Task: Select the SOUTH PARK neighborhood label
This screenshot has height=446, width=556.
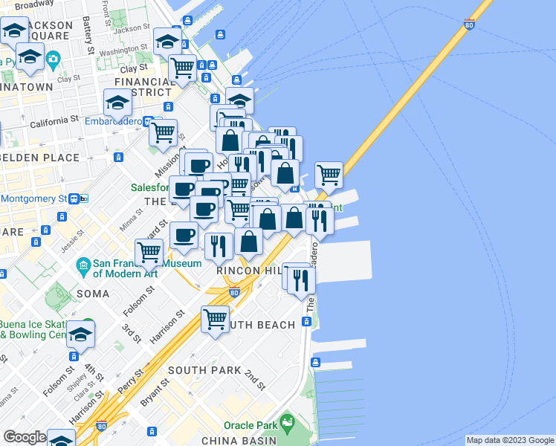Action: [x=204, y=370]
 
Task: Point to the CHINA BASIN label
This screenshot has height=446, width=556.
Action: [x=239, y=441]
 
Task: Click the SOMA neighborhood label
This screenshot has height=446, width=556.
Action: [x=93, y=294]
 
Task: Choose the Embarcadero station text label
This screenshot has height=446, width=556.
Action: [x=113, y=121]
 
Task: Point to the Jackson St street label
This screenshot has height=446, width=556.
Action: [x=132, y=28]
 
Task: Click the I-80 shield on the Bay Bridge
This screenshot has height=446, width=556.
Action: [x=468, y=25]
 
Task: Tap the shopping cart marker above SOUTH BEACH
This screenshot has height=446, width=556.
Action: [x=215, y=320]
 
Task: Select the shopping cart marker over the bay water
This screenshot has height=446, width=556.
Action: [x=329, y=175]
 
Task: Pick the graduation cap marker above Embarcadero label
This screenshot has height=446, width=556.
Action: [x=117, y=102]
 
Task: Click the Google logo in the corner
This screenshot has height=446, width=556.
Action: [x=25, y=437]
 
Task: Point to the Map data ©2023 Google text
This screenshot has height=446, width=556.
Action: [x=510, y=440]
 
